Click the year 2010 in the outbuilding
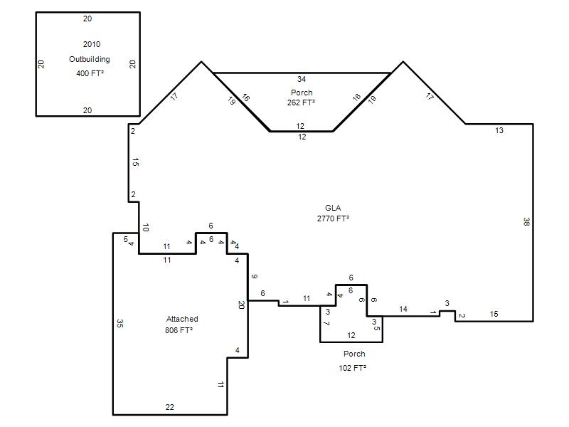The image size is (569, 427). [92, 44]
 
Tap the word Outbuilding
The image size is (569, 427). [90, 59]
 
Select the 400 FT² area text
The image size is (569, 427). [90, 73]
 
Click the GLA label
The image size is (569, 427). [333, 208]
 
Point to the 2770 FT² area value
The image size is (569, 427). [333, 218]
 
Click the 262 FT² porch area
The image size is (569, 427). [301, 102]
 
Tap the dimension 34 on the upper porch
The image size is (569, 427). [302, 79]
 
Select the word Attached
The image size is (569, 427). [182, 319]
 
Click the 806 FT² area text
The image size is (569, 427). [179, 330]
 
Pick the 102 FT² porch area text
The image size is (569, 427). [352, 368]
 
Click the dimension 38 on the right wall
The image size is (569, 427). [526, 221]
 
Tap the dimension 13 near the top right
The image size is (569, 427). [499, 131]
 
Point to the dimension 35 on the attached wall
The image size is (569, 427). [120, 323]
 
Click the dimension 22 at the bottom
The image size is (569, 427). [169, 407]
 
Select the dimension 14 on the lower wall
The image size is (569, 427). [403, 309]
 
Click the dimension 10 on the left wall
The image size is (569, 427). [146, 228]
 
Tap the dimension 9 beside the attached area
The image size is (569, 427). [255, 277]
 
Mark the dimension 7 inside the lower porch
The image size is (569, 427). [326, 323]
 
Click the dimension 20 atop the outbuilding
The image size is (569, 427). [87, 19]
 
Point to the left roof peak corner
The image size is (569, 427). [201, 62]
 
